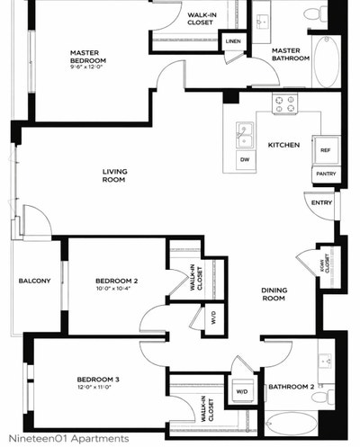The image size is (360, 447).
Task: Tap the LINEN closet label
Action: (233, 41)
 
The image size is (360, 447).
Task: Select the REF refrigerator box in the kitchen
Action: (324, 150)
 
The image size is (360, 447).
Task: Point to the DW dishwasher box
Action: (244, 159)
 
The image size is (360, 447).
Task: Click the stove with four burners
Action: (285, 103)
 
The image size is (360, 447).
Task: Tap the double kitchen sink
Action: (244, 135)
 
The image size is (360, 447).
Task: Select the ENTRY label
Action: (321, 203)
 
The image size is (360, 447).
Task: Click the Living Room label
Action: (113, 175)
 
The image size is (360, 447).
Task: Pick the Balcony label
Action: (34, 282)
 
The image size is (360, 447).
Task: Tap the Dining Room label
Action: (274, 294)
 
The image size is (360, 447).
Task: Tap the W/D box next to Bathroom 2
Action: (241, 392)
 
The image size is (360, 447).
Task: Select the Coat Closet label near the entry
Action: (325, 261)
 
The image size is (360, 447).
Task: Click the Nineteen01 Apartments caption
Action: (68, 438)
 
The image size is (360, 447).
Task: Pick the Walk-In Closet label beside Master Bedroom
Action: (201, 19)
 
